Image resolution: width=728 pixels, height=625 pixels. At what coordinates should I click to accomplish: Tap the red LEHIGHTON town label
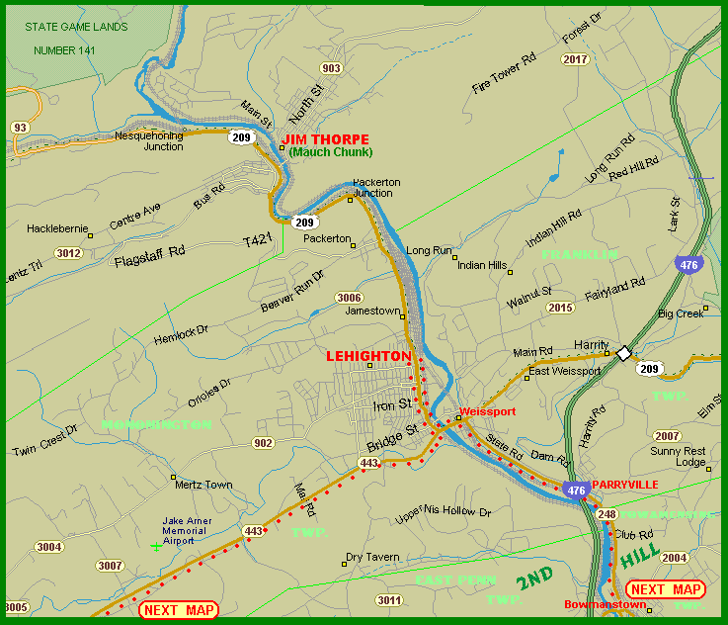[x=368, y=356]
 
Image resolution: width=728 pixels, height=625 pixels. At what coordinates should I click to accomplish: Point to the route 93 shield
[x=19, y=128]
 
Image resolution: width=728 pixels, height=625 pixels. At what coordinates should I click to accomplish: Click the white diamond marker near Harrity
[x=623, y=353]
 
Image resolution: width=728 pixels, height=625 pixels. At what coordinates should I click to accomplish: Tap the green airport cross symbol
[x=155, y=546]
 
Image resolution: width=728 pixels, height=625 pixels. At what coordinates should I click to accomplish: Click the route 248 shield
[x=607, y=513]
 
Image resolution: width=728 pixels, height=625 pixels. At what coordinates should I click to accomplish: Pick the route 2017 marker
[x=575, y=59]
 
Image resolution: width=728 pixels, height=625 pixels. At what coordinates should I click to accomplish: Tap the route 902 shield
[x=262, y=443]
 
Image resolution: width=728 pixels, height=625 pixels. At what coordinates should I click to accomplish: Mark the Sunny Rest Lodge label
[x=678, y=456]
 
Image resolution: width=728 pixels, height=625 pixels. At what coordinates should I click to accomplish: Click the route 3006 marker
[x=349, y=298]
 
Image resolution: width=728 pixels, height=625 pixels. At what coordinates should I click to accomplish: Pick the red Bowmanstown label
[x=596, y=604]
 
